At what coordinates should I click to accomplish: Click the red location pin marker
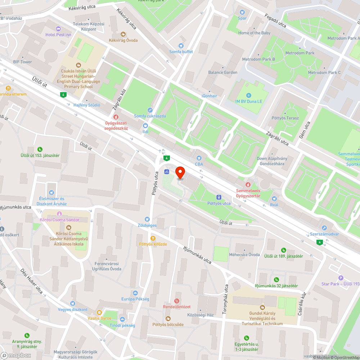[180, 173]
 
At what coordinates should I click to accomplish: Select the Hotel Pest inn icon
[58, 28]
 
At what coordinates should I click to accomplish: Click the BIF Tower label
[22, 62]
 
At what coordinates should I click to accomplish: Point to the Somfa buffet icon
[181, 45]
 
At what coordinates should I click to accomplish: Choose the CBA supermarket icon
[199, 158]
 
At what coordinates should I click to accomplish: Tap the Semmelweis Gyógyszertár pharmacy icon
[248, 184]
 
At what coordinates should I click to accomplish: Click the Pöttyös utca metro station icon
[219, 197]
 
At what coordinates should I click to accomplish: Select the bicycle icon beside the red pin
[166, 172]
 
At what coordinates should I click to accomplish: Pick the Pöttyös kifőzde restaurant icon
[153, 238]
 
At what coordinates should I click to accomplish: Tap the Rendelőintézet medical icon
[176, 301]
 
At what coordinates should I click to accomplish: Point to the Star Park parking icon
[341, 278]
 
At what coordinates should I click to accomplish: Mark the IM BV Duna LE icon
[249, 95]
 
